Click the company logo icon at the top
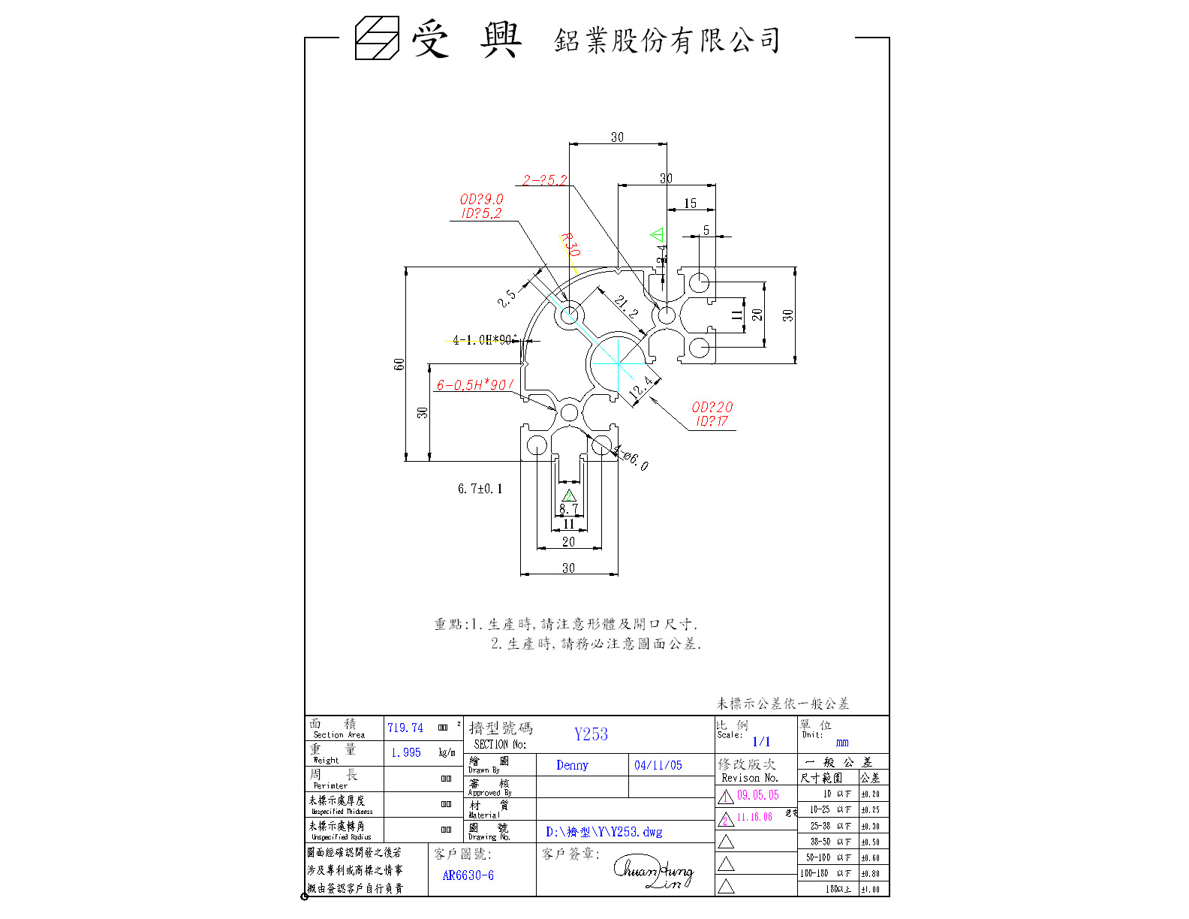tap(378, 38)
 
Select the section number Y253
tap(591, 734)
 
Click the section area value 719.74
tap(405, 728)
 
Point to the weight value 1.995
tap(406, 752)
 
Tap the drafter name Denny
tap(572, 765)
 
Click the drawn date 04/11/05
tap(658, 765)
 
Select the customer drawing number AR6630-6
tap(468, 875)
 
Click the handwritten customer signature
tap(654, 873)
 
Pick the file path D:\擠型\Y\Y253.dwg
tap(604, 832)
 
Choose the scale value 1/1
tap(761, 742)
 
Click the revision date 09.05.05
tap(757, 795)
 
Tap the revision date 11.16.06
tap(754, 817)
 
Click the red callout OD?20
tap(712, 407)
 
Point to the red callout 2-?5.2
tap(544, 180)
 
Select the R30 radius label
tap(570, 244)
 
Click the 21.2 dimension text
tap(625, 306)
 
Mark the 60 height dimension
tap(399, 364)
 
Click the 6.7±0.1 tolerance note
tap(480, 489)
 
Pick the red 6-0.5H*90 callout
tap(474, 385)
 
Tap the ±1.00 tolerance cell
tap(870, 890)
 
